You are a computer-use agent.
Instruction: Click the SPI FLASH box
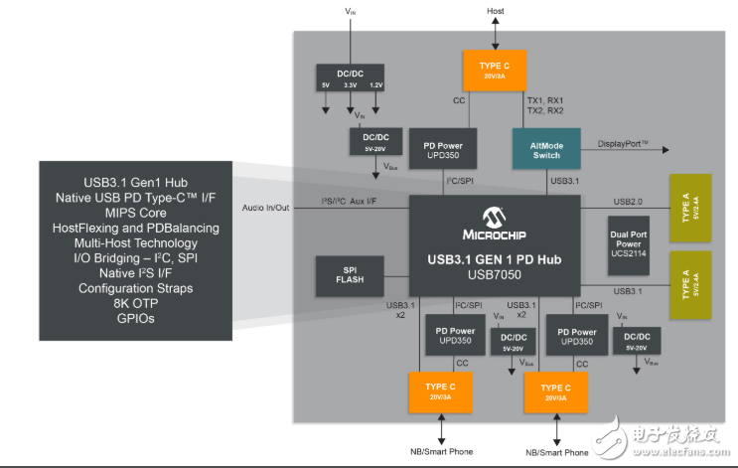(x=351, y=274)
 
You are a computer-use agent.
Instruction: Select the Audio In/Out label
(x=266, y=208)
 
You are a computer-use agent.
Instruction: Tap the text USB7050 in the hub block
(x=494, y=274)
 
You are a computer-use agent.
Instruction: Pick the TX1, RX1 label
(x=545, y=101)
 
